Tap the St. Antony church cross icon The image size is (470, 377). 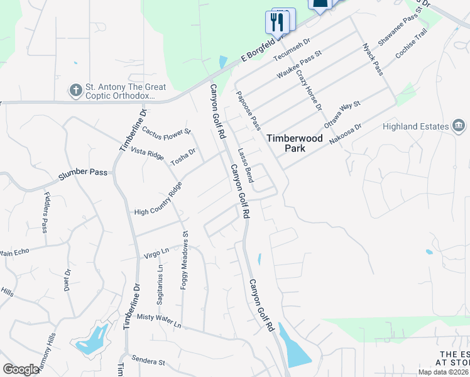[x=75, y=90]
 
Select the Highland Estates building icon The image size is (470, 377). [x=459, y=126]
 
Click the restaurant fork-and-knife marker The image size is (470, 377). [x=278, y=23]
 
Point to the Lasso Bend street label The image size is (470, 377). [x=246, y=165]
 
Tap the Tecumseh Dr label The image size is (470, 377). [x=292, y=50]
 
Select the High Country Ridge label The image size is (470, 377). [x=158, y=199]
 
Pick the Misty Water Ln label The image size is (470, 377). [x=159, y=321]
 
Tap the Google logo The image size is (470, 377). [x=21, y=369]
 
